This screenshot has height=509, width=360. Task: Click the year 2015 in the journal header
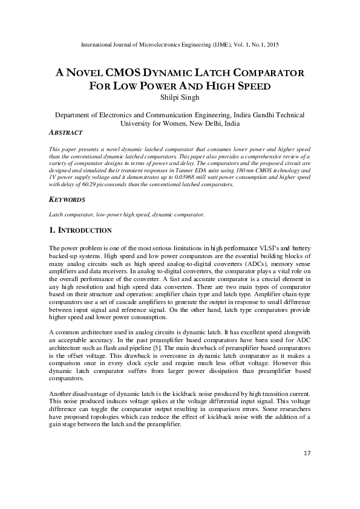coord(270,45)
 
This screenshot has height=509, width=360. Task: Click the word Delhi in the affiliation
coord(213,123)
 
